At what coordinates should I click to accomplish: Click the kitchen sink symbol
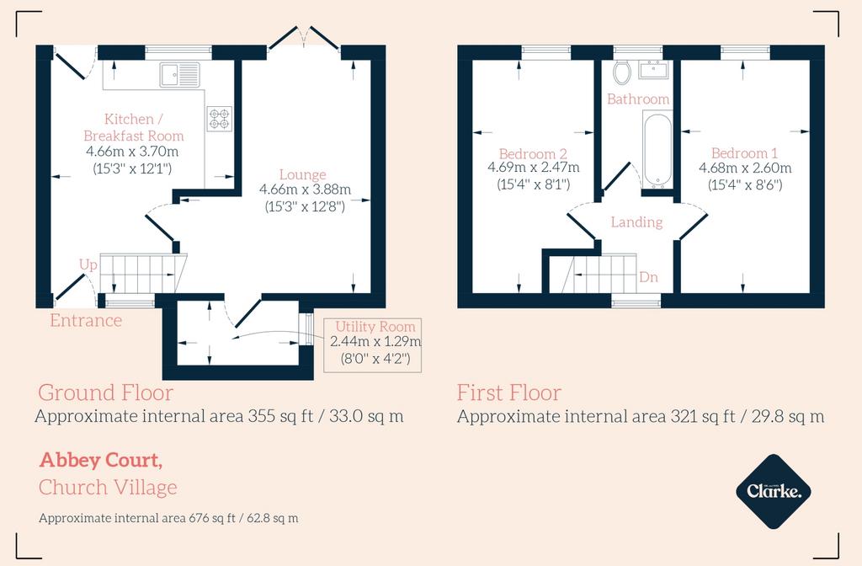pyautogui.click(x=180, y=74)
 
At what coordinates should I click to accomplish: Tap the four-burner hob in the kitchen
pyautogui.click(x=220, y=119)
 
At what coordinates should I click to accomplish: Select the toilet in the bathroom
pyautogui.click(x=622, y=72)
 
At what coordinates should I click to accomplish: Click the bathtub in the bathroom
pyautogui.click(x=657, y=149)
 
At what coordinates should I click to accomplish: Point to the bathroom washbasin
pyautogui.click(x=653, y=70)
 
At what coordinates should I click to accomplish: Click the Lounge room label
pyautogui.click(x=303, y=175)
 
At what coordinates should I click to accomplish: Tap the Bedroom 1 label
pyautogui.click(x=745, y=153)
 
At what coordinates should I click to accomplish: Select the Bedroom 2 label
pyautogui.click(x=533, y=153)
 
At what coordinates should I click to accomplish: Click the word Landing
pyautogui.click(x=636, y=222)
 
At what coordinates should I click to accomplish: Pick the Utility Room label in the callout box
pyautogui.click(x=375, y=327)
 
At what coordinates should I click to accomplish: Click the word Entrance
pyautogui.click(x=86, y=320)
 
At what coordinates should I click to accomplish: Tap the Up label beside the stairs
pyautogui.click(x=88, y=265)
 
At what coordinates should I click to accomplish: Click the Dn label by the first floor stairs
pyautogui.click(x=649, y=276)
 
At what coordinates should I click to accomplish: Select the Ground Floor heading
pyautogui.click(x=105, y=392)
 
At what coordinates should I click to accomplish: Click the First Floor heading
pyautogui.click(x=509, y=392)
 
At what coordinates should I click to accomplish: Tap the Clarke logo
pyautogui.click(x=774, y=491)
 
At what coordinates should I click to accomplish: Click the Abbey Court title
pyautogui.click(x=101, y=460)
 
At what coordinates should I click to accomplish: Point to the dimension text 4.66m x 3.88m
pyautogui.click(x=305, y=190)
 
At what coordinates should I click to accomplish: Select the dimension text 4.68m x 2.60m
pyautogui.click(x=745, y=168)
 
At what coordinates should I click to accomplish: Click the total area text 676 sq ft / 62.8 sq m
pyautogui.click(x=243, y=518)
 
